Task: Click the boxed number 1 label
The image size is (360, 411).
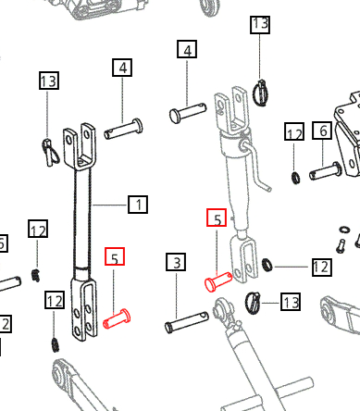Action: [x=138, y=205]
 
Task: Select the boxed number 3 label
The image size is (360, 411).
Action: [x=176, y=262]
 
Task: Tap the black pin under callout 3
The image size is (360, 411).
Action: [x=187, y=322]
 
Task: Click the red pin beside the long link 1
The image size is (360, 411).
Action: [x=117, y=319]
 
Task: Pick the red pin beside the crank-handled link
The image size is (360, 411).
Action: [x=218, y=281]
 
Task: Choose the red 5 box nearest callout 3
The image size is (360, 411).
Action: [x=115, y=256]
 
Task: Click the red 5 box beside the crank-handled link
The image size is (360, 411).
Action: [x=217, y=218]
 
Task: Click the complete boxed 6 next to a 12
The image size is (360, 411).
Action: [x=322, y=131]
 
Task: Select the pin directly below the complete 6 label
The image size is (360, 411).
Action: [x=325, y=171]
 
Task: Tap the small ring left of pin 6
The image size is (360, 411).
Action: [x=295, y=178]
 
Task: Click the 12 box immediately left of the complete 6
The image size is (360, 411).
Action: [x=294, y=131]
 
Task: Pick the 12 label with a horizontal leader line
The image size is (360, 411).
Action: [x=322, y=267]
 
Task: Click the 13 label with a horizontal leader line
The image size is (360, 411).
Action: [x=291, y=302]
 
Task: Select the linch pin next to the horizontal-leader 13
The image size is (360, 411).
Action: [x=253, y=303]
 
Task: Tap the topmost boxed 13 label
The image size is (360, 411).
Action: [x=260, y=24]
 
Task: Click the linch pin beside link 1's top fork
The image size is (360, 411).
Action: [x=50, y=153]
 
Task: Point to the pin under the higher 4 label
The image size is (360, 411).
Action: [x=188, y=113]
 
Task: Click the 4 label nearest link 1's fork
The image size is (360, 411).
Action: [x=122, y=68]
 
